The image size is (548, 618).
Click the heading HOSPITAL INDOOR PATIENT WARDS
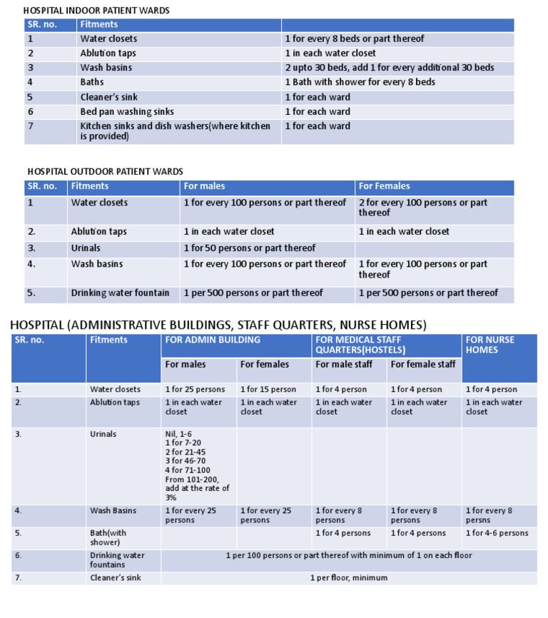pyautogui.click(x=96, y=11)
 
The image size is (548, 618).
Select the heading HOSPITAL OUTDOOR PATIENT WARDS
pyautogui.click(x=105, y=171)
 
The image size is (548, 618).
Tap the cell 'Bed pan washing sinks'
pyautogui.click(x=126, y=111)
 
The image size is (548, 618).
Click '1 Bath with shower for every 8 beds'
pyautogui.click(x=360, y=82)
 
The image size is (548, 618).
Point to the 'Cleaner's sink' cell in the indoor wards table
pyautogui.click(x=108, y=97)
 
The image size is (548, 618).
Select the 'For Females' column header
pyautogui.click(x=385, y=186)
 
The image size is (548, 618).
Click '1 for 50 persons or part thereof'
pyautogui.click(x=249, y=248)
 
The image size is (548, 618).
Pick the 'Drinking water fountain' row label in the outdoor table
pyautogui.click(x=120, y=293)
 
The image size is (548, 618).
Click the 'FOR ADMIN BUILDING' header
pyautogui.click(x=213, y=340)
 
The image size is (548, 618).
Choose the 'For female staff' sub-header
pyautogui.click(x=422, y=364)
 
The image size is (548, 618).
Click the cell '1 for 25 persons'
pyautogui.click(x=195, y=390)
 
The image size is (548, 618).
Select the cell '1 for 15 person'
pyautogui.click(x=268, y=390)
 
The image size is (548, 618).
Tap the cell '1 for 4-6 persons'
pyautogui.click(x=497, y=533)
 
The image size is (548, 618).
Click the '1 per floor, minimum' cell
pyautogui.click(x=348, y=578)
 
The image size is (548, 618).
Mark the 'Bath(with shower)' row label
pyautogui.click(x=108, y=537)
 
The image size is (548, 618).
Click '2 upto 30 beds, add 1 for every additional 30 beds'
pyautogui.click(x=389, y=68)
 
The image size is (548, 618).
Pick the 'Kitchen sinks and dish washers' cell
pyautogui.click(x=175, y=131)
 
